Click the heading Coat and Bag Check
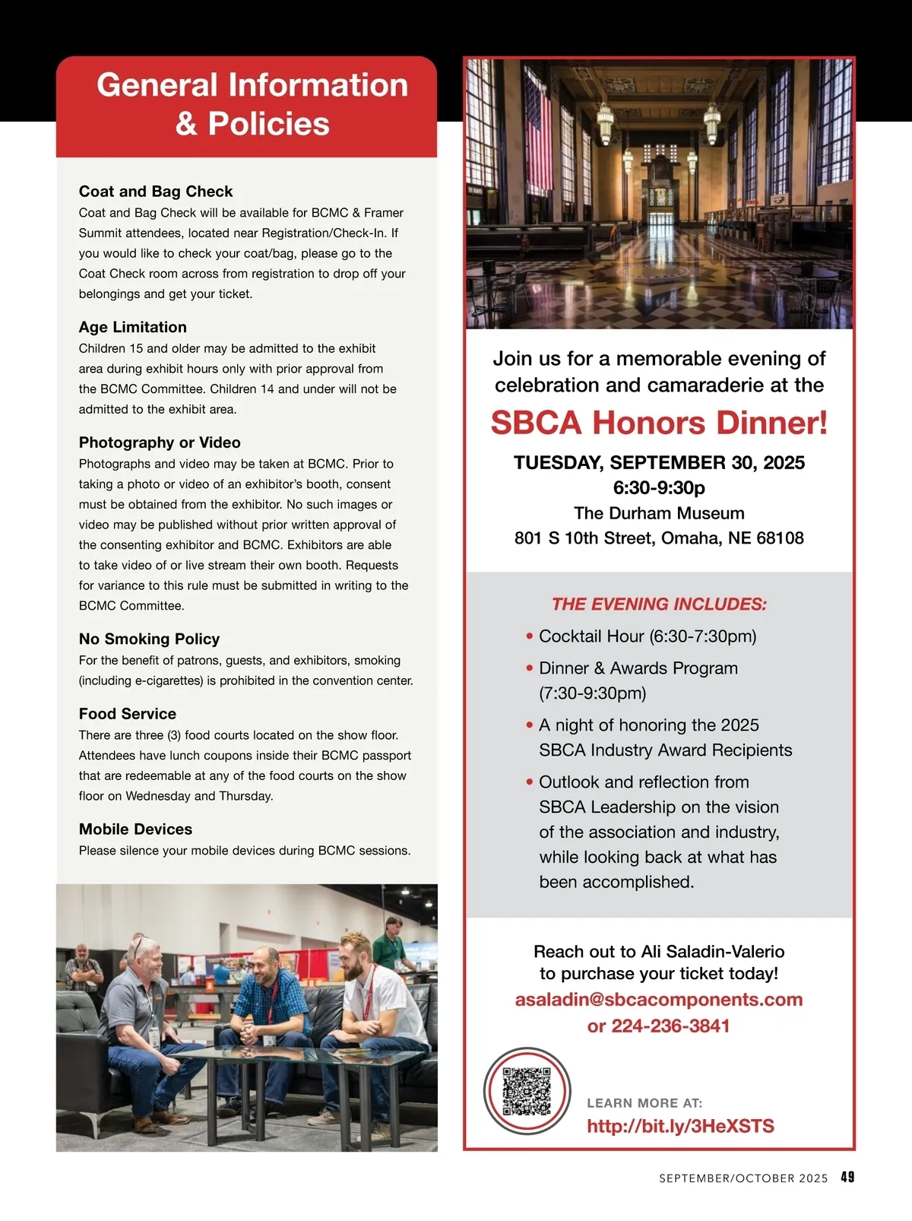coord(156,192)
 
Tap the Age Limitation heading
coord(133,327)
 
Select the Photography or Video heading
coord(160,442)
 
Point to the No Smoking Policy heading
coord(149,639)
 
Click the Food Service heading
coord(128,714)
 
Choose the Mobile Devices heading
coord(135,829)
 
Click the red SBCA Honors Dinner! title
coord(659,423)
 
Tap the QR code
coord(527,1091)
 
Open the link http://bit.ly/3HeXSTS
coord(680,1126)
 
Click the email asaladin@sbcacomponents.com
coord(659,999)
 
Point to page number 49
coord(847,1177)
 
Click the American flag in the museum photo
coord(537,137)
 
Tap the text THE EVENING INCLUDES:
coord(659,604)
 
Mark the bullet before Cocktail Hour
coord(530,636)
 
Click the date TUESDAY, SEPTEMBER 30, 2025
coord(659,462)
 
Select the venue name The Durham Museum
coord(659,513)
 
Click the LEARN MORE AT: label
coord(644,1103)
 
